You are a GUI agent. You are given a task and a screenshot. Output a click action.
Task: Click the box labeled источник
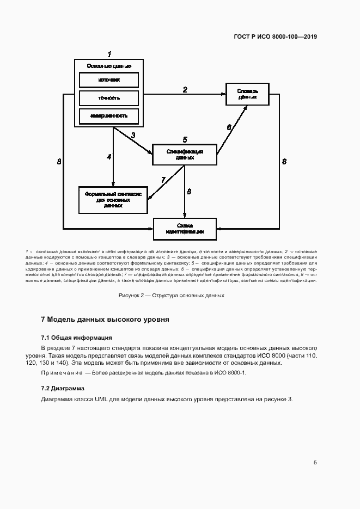[109, 79]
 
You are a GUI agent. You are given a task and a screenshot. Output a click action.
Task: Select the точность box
[109, 98]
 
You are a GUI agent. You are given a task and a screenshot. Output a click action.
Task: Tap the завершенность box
[109, 116]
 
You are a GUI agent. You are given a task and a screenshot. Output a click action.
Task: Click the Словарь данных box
[247, 94]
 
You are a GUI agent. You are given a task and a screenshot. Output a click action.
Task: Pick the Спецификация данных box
[184, 155]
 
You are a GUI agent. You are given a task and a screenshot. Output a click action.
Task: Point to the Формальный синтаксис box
[113, 199]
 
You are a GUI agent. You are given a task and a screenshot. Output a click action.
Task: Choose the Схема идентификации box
[184, 228]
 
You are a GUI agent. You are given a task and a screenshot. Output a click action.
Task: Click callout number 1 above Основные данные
[109, 54]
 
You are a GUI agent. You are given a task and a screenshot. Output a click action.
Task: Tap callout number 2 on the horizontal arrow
[185, 90]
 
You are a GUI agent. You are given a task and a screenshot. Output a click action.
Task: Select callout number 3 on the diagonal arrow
[133, 135]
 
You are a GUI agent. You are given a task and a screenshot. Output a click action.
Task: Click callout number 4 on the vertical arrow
[109, 157]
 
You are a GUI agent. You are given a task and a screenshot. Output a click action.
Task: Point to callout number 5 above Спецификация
[185, 140]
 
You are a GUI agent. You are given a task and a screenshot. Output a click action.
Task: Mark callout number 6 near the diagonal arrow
[229, 127]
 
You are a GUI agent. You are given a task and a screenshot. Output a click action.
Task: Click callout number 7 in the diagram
[163, 180]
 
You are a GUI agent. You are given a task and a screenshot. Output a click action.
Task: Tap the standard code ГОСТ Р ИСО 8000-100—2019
[275, 37]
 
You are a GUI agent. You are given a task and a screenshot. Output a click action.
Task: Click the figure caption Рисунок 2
[172, 296]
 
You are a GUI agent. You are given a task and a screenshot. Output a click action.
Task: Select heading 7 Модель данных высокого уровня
[105, 320]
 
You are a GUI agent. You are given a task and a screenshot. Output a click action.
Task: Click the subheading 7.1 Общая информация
[76, 338]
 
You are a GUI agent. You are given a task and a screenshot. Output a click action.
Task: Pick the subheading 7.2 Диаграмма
[63, 388]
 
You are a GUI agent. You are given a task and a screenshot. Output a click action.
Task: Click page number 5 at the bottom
[315, 463]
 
